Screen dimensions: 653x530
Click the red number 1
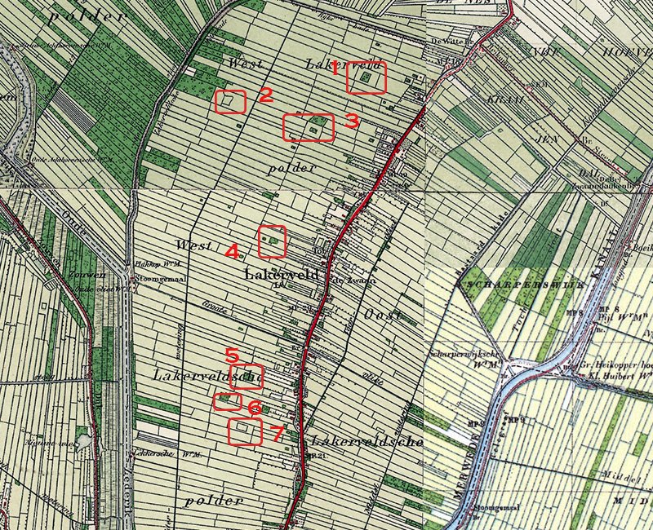click(335, 69)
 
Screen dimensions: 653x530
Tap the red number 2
click(265, 95)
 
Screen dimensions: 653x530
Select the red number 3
click(351, 121)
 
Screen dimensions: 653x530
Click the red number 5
click(232, 356)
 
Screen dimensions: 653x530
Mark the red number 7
click(277, 434)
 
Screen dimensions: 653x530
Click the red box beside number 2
click(230, 101)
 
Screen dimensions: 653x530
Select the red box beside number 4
click(273, 241)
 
